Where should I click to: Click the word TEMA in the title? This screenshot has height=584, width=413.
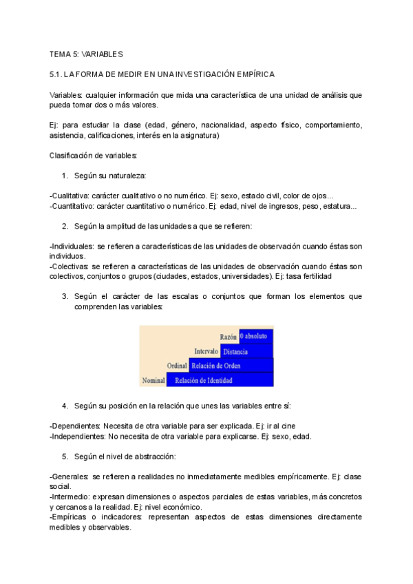[61, 54]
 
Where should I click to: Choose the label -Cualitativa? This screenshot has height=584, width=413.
[70, 196]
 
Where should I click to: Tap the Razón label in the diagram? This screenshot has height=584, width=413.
[228, 337]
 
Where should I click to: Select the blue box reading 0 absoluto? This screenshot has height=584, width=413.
[256, 337]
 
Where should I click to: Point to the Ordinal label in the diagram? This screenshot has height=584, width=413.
[177, 366]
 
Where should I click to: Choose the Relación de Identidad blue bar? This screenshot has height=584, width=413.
[203, 380]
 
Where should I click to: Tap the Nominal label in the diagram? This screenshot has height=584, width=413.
[153, 380]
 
